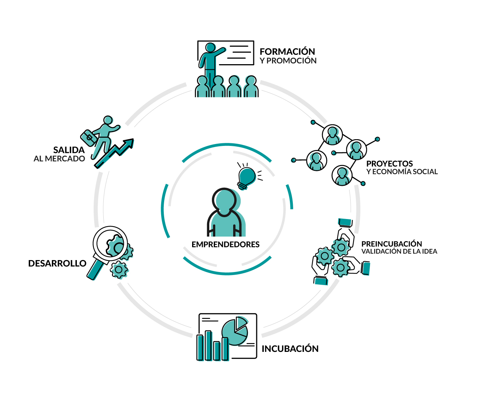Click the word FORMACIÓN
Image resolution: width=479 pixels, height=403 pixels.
point(287,51)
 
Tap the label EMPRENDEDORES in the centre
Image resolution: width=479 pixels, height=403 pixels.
point(225,244)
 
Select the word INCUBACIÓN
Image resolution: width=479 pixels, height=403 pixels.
point(290,349)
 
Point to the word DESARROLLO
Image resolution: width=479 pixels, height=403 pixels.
point(57,263)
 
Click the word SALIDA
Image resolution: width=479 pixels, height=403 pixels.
point(69,150)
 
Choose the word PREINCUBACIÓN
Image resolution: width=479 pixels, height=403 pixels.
point(392,244)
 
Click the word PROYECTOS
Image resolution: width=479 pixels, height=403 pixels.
point(389,164)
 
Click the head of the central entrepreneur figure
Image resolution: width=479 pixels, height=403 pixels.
point(224,200)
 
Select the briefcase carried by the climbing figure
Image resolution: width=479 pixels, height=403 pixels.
point(88,138)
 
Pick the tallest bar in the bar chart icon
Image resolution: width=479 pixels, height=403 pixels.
point(208,346)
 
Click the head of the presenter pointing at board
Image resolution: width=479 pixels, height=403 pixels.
point(210,47)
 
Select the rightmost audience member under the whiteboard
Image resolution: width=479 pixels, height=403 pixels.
point(251,86)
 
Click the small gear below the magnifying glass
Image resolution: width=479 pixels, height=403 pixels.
point(119,270)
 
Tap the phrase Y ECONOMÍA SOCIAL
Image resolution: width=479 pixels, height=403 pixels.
point(402,172)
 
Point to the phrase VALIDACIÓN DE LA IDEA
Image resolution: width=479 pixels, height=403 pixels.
point(399,251)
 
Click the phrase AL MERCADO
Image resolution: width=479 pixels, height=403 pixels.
point(59,159)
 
